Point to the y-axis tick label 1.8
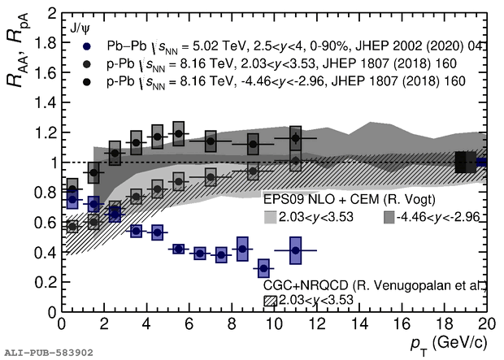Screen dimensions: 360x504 [46, 44]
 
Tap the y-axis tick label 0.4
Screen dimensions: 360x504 [46, 253]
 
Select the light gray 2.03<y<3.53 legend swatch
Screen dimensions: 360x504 [271, 217]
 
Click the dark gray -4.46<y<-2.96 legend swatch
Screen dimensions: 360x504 [389, 217]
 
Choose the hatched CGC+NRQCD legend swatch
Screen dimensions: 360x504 [271, 301]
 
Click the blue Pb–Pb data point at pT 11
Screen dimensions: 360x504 [295, 250]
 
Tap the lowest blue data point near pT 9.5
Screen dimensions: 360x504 [263, 267]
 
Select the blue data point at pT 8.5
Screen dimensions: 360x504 [242, 249]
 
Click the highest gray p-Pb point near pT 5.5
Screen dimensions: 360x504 [178, 134]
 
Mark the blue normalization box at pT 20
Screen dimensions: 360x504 [481, 162]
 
